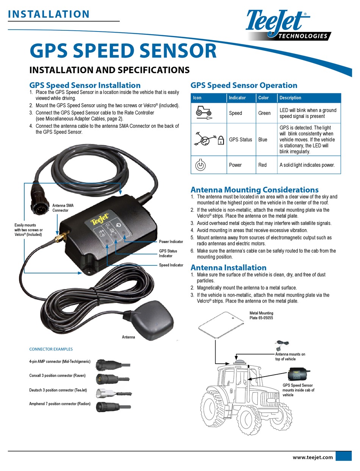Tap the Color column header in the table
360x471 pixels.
pos(263,98)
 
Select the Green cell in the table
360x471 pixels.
pos(265,113)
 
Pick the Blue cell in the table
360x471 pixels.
pos(263,140)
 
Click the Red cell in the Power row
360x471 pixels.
pos(262,165)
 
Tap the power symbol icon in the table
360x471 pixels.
pos(200,165)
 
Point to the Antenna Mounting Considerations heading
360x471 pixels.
pos(254,190)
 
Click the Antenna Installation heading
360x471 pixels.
pos(228,267)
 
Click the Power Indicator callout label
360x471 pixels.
pos(171,242)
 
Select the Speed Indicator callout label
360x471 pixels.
pos(171,265)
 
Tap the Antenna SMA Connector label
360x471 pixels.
pos(63,208)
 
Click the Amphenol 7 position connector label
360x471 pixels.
pos(60,404)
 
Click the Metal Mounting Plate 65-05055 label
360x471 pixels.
pos(261,316)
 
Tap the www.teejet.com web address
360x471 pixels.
pos(313,457)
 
